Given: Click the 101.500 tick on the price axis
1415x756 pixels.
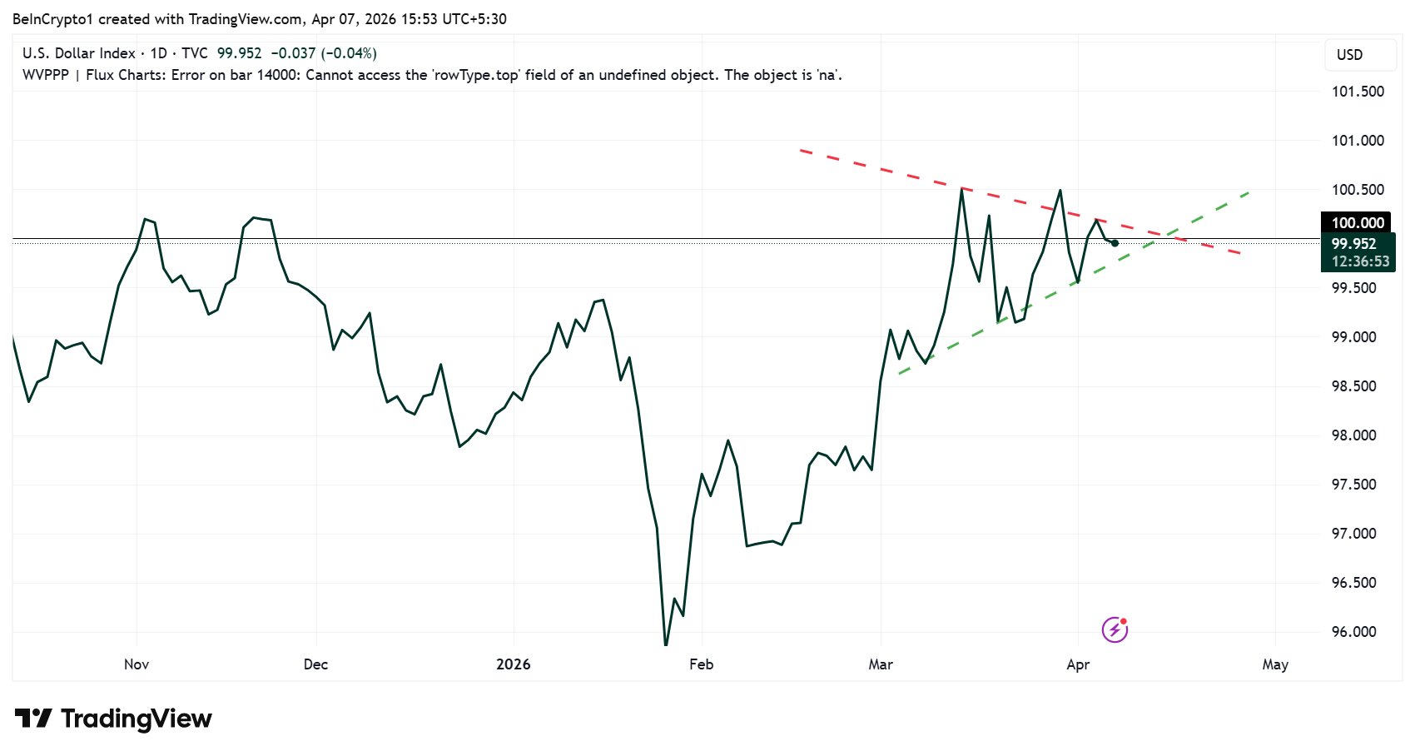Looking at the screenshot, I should pos(1358,92).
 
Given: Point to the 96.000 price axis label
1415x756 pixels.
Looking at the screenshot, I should pos(1353,632).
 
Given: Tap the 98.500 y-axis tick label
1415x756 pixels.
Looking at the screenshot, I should pos(1353,386).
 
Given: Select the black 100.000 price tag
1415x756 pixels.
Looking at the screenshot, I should pos(1357,222).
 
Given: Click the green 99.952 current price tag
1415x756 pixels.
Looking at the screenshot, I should pos(1353,244).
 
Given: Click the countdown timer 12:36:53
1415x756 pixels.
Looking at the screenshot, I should pos(1360,261).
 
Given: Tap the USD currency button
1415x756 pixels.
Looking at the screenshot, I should pos(1349,55).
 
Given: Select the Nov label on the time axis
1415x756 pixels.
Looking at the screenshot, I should pos(137,664).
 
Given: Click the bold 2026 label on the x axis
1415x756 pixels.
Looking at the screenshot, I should pos(513,664).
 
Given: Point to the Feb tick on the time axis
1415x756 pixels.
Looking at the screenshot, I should pos(701,664).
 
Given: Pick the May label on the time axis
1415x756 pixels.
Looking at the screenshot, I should pos(1274,664).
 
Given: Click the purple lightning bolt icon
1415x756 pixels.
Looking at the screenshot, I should pos(1115,629).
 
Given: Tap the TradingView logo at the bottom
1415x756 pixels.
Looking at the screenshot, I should pos(114,719).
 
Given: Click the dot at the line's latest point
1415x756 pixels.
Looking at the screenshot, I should pos(1115,243).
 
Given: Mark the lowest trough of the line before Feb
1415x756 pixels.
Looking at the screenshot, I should pos(665,644).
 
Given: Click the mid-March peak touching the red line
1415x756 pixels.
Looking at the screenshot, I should pos(961,190).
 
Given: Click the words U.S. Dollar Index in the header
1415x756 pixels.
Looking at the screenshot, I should pos(78,53).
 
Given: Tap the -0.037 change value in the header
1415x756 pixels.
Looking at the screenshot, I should pos(293,53).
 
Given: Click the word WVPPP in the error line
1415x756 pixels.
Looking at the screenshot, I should pos(45,75).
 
